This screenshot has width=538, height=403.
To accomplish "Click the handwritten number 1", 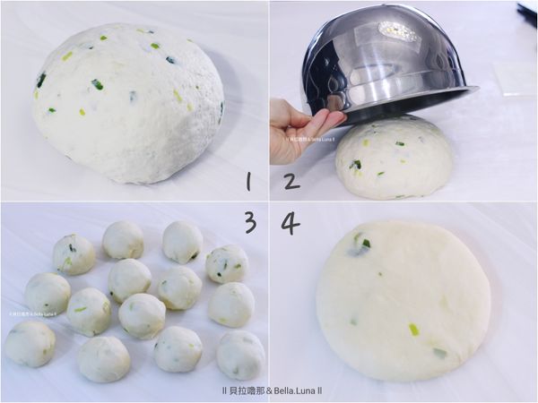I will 247,182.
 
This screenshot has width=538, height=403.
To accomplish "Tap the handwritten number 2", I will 291,182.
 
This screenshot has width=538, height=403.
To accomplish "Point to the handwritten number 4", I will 290,222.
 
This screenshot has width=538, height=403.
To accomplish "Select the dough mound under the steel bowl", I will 394,157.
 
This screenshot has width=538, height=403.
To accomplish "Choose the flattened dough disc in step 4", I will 403,299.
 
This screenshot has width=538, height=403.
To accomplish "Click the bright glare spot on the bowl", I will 398,30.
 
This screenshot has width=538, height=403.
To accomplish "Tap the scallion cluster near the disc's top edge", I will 360,243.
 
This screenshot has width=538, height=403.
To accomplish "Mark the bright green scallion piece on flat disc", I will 413,330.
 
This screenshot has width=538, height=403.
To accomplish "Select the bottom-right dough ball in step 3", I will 240,355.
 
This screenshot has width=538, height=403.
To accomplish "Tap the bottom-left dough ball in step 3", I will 30,344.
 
